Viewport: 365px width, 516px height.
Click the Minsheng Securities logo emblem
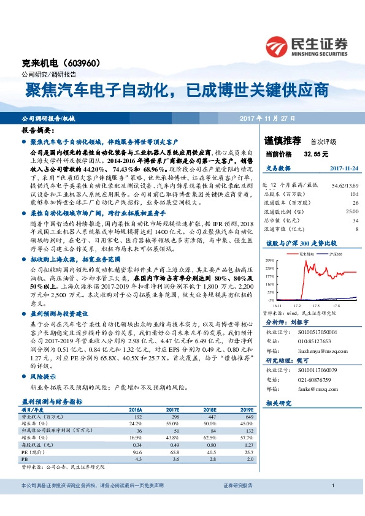pos(278,46)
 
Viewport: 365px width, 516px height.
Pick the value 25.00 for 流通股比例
pos(347,211)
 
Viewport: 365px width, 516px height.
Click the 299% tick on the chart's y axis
pos(269,261)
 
